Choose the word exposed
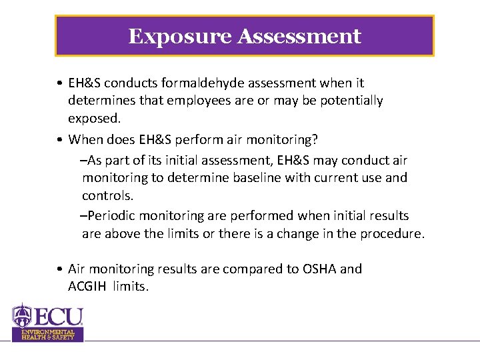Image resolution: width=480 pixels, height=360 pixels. point(94,118)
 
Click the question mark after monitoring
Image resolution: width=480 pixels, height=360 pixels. point(315,140)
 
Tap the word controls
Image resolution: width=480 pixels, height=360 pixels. point(107,196)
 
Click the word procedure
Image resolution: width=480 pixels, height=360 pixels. point(390,234)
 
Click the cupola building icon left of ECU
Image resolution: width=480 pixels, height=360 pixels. point(23,316)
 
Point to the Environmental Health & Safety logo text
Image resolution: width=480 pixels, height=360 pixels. point(47,335)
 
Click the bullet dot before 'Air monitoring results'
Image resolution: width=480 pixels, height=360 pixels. point(60,269)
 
